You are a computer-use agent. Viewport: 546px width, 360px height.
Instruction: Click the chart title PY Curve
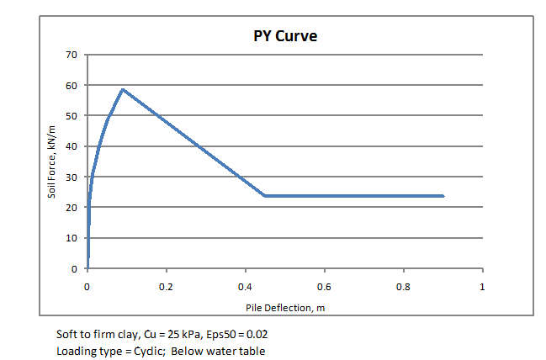pos(284,37)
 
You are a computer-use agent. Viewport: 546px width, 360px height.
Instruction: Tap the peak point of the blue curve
pos(123,89)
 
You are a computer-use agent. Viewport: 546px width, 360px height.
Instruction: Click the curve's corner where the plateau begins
pos(265,196)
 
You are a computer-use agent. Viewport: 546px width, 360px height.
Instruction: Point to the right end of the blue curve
pos(443,196)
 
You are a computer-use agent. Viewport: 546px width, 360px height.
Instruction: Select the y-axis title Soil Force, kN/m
pos(52,162)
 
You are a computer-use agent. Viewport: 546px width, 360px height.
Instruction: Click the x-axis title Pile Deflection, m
pos(285,307)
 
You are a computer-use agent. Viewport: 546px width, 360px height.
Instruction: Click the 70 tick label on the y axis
pos(71,55)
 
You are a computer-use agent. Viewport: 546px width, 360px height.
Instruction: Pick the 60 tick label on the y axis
pos(71,86)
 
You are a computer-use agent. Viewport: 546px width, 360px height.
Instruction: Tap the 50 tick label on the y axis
pos(71,116)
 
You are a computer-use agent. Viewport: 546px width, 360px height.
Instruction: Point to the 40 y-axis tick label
pos(71,146)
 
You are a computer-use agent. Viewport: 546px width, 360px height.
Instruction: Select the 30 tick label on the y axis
pos(71,177)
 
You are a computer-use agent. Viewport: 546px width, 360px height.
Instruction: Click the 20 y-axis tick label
pos(71,208)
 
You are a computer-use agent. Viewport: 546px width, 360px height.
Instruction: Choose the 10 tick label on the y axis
pos(71,238)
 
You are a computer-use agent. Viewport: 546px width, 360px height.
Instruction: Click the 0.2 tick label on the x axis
pos(167,286)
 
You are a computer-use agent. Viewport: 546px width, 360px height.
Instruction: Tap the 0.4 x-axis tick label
pos(246,286)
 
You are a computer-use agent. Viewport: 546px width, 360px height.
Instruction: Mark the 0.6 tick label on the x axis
pos(325,286)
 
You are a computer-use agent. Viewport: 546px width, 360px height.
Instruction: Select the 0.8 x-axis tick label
pos(404,286)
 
